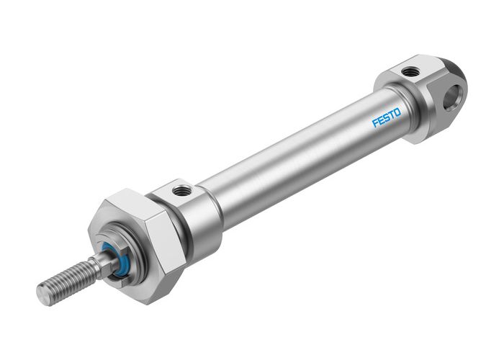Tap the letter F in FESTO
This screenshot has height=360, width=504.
pyautogui.click(x=376, y=124)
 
